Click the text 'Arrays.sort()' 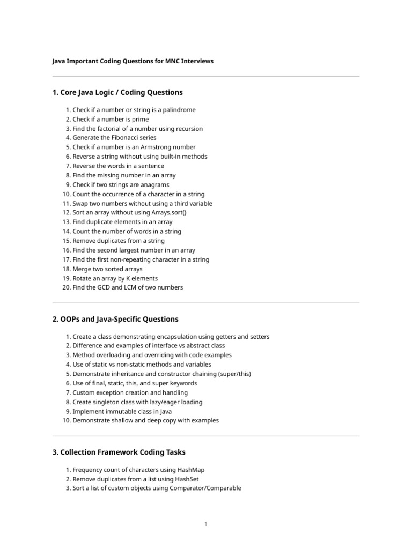pos(168,213)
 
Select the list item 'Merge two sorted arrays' pos(108,269)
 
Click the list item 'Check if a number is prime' pos(111,119)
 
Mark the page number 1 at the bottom pos(205,524)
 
